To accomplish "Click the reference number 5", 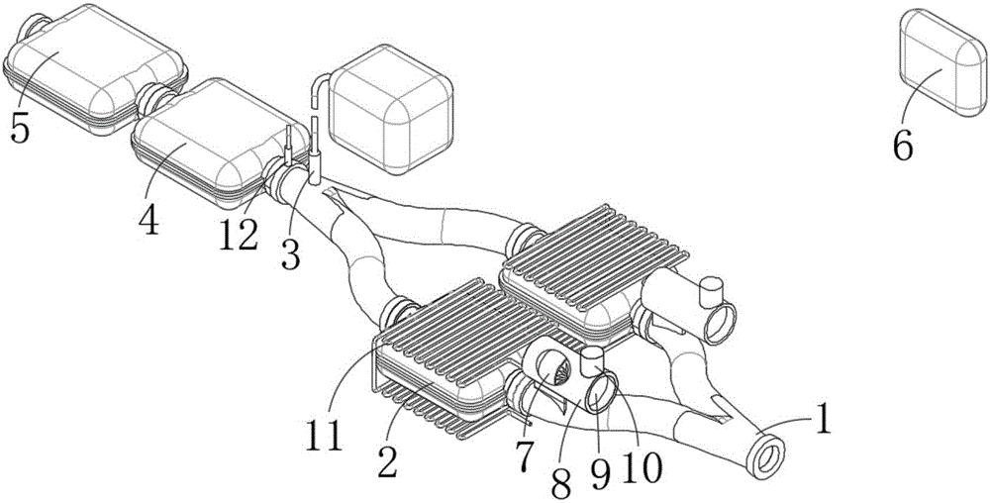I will click(20, 130).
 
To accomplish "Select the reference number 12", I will click(239, 234).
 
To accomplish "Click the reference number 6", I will click(903, 146).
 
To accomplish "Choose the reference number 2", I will click(387, 461).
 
